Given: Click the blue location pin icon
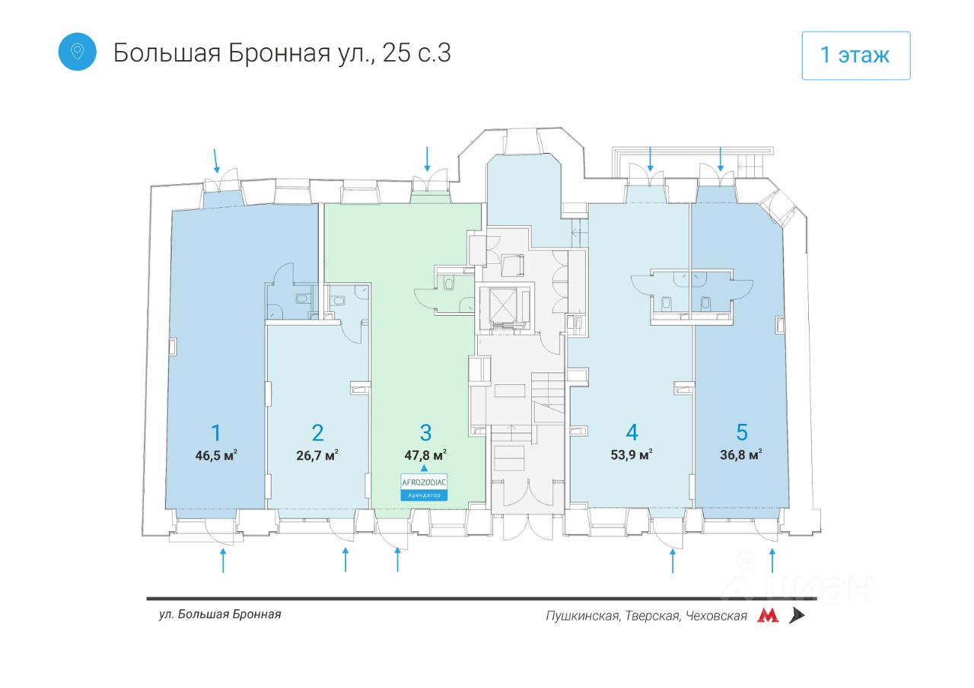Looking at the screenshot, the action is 77,52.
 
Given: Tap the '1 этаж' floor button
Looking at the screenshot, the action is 856,56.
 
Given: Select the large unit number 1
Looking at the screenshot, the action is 216,432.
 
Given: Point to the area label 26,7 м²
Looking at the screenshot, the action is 317,455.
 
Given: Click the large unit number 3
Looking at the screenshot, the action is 425,432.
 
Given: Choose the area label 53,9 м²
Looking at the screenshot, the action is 632,454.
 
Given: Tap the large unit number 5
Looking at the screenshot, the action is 742,432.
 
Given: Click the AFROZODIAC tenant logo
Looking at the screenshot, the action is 424,483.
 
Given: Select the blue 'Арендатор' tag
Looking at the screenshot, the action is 424,495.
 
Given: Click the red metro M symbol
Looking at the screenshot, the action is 768,616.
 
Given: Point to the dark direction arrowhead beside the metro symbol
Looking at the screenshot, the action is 797,616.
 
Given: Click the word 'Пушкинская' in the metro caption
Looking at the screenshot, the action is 584,616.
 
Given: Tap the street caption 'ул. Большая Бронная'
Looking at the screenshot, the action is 220,614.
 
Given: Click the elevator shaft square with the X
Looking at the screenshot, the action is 503,304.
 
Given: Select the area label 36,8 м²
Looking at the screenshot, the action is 741,454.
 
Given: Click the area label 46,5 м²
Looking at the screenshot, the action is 216,455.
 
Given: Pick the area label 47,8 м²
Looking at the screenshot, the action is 425,455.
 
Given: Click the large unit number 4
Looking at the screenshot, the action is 632,432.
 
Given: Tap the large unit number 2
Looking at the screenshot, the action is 318,432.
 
